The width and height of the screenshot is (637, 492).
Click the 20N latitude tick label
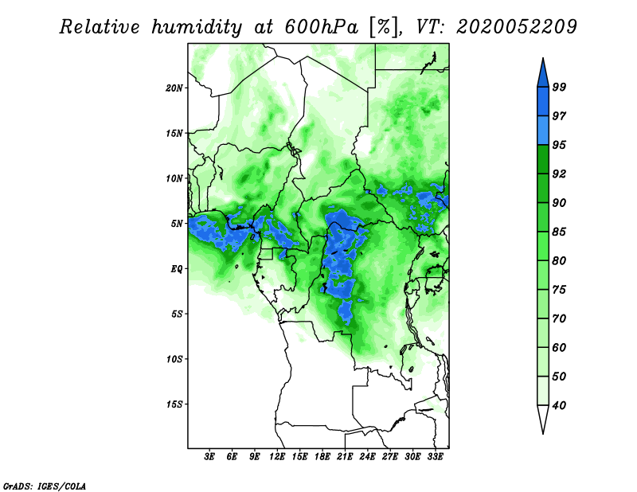(174, 88)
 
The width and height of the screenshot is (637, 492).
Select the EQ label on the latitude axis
(177, 269)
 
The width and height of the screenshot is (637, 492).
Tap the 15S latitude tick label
(174, 404)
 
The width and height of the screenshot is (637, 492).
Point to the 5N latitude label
(177, 224)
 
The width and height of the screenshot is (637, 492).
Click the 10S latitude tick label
(174, 360)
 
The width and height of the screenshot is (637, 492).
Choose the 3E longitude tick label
(209, 457)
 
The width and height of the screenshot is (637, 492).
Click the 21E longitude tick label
(345, 457)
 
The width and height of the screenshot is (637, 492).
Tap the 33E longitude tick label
(435, 457)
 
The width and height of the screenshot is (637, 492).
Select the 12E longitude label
(277, 457)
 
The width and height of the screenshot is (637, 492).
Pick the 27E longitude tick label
(389, 457)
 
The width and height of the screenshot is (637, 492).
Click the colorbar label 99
(559, 87)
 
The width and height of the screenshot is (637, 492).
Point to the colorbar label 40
(559, 405)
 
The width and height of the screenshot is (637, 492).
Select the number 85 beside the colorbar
(559, 232)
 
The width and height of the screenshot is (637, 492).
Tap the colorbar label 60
(559, 347)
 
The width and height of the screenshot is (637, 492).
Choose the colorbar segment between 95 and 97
(543, 131)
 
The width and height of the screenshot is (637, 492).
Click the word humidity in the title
(197, 27)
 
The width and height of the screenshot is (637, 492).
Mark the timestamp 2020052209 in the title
(516, 27)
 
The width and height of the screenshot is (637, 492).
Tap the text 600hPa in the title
(322, 27)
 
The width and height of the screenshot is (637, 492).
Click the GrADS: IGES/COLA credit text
(45, 486)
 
